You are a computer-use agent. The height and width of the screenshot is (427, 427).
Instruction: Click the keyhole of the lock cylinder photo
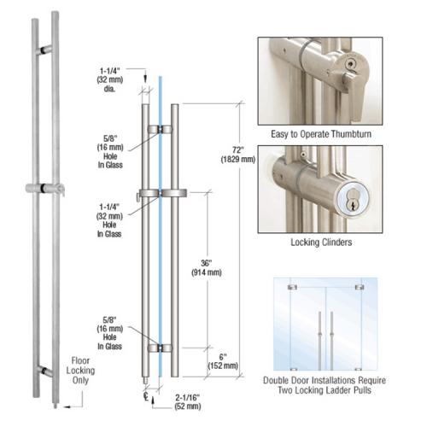pos(370,198)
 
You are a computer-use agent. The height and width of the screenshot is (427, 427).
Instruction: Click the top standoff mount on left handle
pos(43,49)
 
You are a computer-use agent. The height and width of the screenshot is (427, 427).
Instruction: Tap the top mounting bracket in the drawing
pos(159,130)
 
